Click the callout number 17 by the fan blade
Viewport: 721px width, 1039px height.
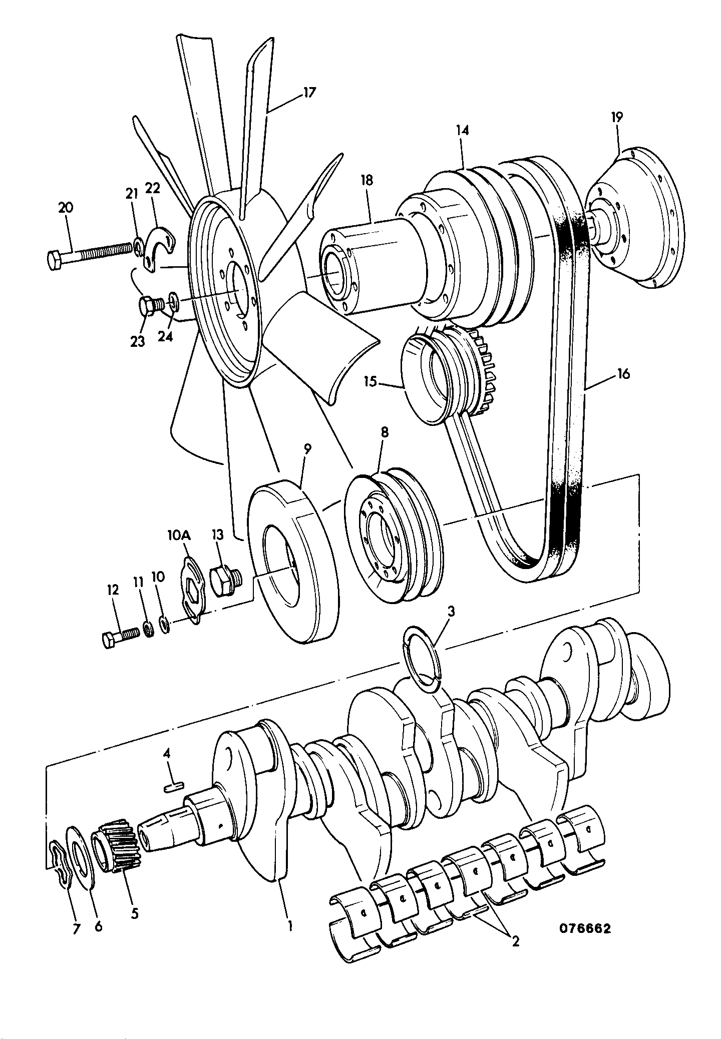[309, 93]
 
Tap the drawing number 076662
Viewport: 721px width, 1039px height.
[585, 929]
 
